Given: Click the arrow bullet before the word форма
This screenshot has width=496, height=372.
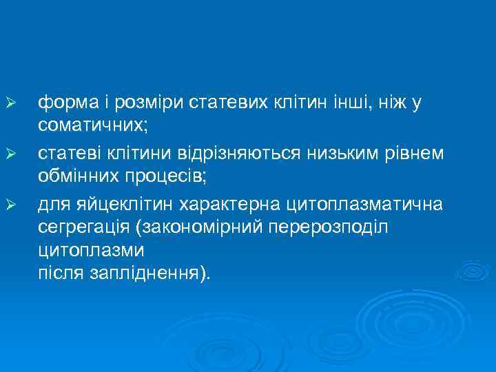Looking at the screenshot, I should (9, 103).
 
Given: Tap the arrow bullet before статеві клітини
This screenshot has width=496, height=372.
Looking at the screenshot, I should (9, 153).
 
